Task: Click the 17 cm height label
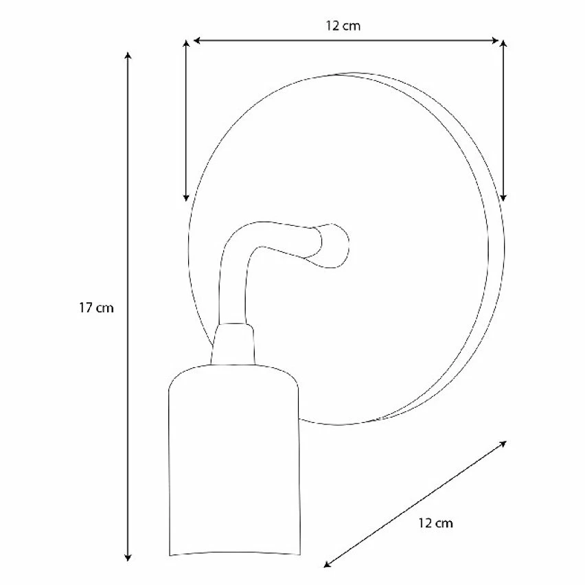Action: (x=96, y=308)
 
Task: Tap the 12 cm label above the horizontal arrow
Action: (x=343, y=25)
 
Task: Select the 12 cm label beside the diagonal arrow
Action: (x=435, y=523)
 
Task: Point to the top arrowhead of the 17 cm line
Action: (x=128, y=56)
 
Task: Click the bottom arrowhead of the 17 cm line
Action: (x=128, y=558)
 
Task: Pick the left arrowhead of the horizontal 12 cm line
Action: (x=197, y=41)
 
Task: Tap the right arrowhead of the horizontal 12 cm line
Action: (x=495, y=41)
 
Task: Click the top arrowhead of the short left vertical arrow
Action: (x=186, y=44)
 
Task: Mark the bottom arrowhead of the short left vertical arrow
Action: (x=186, y=198)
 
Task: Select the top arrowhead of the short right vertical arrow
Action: (x=503, y=44)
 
